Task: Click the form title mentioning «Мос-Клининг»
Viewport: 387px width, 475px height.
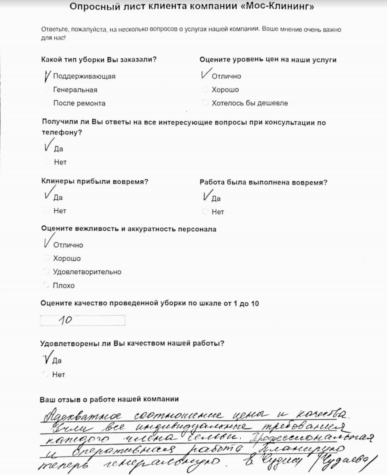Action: (192, 6)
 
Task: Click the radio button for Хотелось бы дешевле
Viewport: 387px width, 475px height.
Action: (205, 103)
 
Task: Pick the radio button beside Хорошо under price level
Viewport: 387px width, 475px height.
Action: (205, 90)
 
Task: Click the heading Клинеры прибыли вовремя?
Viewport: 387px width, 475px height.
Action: (95, 182)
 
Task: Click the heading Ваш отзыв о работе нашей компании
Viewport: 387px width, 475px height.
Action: (109, 399)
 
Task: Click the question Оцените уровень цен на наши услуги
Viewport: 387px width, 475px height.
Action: (268, 60)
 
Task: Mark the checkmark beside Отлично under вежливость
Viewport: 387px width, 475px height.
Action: (48, 241)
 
